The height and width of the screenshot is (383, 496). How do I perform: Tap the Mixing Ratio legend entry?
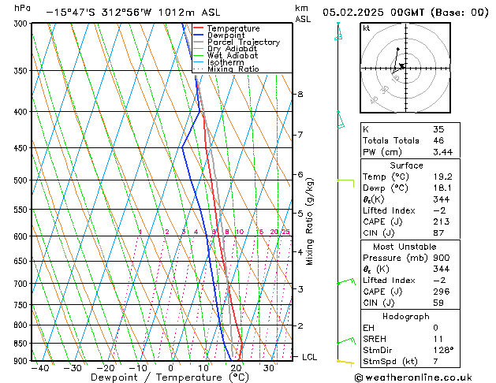click(x=233, y=69)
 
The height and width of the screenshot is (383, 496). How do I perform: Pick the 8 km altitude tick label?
click(x=300, y=95)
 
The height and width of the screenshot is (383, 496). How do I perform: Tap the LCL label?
click(x=310, y=357)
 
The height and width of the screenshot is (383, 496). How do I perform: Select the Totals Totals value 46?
click(x=438, y=139)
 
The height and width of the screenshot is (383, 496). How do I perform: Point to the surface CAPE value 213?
click(x=442, y=222)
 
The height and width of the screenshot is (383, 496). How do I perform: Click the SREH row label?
click(x=375, y=338)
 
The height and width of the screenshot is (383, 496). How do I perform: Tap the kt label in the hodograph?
click(x=367, y=28)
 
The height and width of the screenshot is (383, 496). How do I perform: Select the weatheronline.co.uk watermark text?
click(x=426, y=377)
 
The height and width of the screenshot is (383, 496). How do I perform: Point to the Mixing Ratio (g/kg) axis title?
click(x=310, y=221)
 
